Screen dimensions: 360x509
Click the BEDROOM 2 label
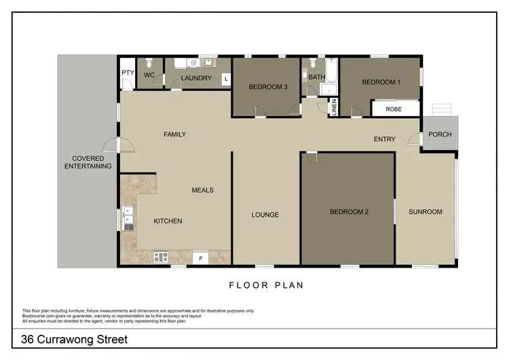(349, 212)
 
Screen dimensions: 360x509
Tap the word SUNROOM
(425, 212)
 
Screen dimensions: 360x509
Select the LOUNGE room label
(265, 215)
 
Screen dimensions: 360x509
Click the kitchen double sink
(128, 218)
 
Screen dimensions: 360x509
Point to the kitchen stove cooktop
(161, 257)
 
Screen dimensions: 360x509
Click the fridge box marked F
(201, 257)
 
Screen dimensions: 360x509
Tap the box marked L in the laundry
(225, 79)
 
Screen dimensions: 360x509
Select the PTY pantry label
(127, 73)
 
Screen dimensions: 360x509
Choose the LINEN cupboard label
(333, 107)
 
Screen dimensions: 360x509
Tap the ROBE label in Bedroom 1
(394, 109)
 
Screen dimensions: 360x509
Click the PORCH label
(440, 134)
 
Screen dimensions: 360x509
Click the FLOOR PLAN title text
(266, 285)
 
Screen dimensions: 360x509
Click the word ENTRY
(384, 139)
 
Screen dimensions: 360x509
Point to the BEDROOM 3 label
(267, 87)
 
